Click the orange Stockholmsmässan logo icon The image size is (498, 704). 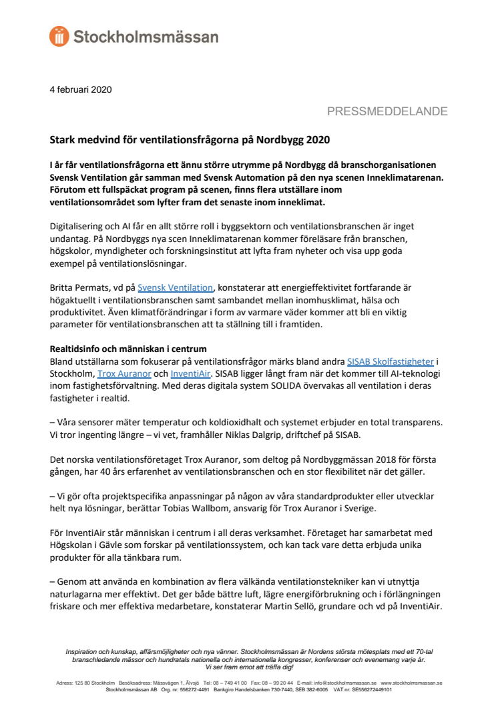click(x=59, y=37)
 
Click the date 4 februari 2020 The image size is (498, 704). click(x=81, y=89)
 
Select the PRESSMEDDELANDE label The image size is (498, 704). click(x=387, y=111)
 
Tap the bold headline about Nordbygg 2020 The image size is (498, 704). click(x=190, y=141)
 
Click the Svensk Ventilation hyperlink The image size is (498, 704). click(x=175, y=287)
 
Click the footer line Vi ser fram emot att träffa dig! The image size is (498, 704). click(x=248, y=667)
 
